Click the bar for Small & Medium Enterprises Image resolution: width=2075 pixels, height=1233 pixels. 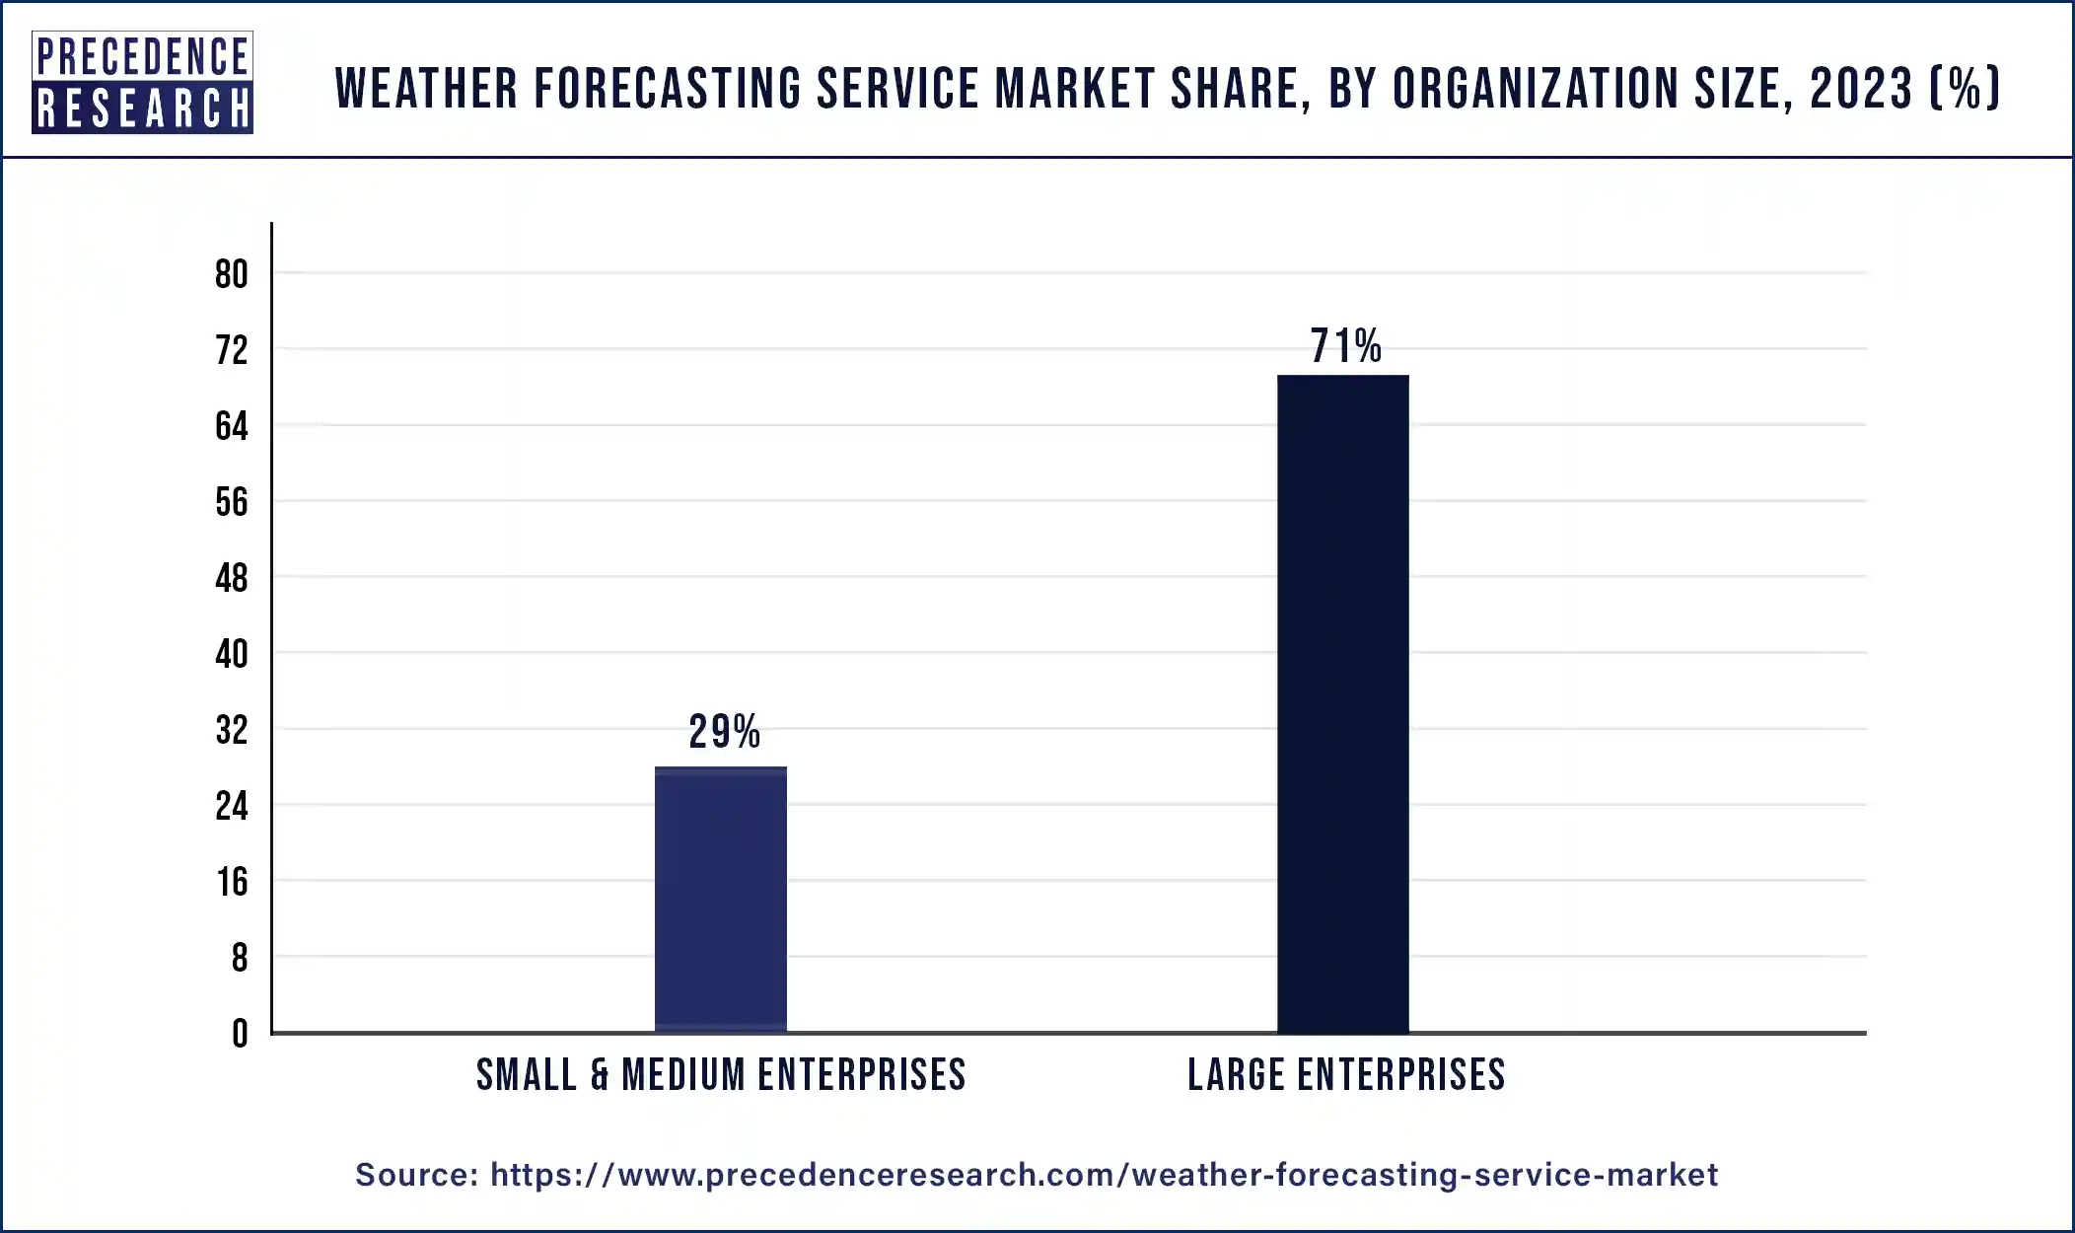(721, 899)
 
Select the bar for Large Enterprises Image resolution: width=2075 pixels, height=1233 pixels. (1342, 703)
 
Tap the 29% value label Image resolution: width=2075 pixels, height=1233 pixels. (724, 732)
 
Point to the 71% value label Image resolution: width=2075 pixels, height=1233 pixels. (1345, 346)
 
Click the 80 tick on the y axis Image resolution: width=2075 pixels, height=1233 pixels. (232, 274)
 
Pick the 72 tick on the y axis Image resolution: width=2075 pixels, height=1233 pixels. (232, 350)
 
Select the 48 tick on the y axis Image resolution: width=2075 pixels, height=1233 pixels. (232, 578)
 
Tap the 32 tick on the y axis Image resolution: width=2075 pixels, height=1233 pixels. (232, 730)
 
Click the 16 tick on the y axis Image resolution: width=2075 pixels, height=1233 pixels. (232, 882)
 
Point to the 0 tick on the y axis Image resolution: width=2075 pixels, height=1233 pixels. (240, 1034)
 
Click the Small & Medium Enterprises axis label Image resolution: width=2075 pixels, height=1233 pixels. (721, 1075)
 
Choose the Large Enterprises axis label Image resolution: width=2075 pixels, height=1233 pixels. (1346, 1075)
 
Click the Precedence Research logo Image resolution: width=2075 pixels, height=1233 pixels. (142, 82)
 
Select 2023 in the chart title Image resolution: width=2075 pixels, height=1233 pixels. (1861, 89)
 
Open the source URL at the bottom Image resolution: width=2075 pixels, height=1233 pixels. (1104, 1175)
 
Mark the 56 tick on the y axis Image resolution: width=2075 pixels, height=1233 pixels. (232, 502)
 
